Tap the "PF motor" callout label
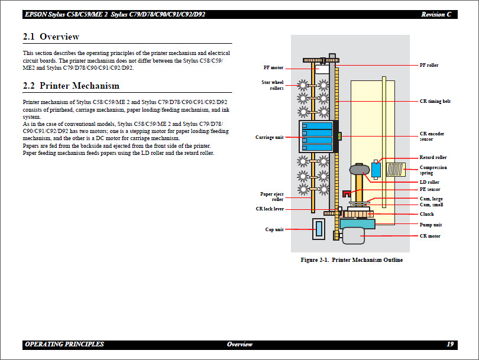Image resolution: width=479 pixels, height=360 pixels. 273,67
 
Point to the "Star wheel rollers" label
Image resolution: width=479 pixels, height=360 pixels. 273,85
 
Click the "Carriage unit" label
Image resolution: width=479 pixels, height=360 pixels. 269,137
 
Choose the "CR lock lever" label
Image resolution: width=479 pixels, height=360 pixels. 270,209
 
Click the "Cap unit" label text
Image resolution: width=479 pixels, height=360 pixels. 274,229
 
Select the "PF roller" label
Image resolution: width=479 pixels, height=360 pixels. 429,65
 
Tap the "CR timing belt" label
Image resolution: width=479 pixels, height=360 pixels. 435,101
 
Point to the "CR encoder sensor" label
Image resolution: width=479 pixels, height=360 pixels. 432,137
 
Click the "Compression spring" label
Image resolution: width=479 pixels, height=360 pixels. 433,170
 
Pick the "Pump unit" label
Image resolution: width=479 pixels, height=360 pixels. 431,225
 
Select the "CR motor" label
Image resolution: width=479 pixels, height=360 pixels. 430,236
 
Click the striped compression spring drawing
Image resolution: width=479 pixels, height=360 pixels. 394,170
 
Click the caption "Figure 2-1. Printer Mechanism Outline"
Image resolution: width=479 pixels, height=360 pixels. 351,260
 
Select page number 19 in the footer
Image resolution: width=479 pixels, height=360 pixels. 450,344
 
